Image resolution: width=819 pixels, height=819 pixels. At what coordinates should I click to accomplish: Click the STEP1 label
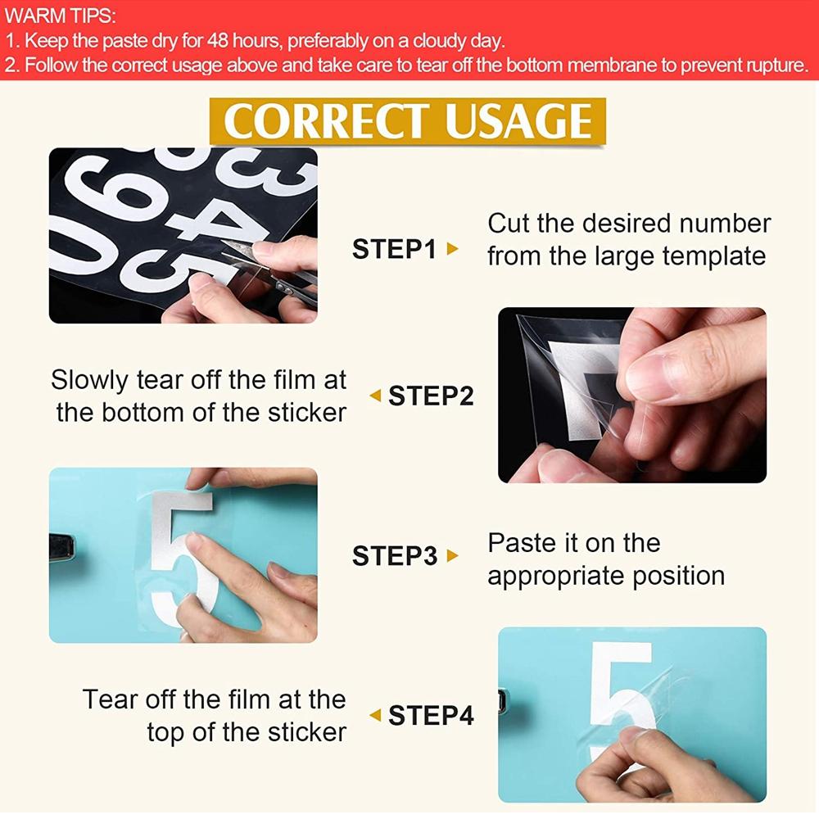tap(394, 249)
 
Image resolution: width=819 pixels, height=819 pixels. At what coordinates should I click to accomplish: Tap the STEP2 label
tap(431, 396)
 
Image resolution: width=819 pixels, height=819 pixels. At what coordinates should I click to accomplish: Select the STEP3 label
tap(395, 555)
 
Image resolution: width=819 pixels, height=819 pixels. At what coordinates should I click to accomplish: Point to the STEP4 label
tap(431, 715)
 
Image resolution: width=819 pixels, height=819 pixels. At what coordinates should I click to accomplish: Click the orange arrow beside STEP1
tap(452, 249)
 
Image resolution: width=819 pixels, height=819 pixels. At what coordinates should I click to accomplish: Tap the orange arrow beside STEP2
tap(375, 396)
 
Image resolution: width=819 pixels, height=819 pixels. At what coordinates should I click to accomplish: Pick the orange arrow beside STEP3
tap(452, 555)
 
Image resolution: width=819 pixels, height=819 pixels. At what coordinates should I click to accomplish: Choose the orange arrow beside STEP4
tap(375, 715)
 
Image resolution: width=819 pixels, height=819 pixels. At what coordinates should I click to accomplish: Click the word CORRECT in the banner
tap(328, 121)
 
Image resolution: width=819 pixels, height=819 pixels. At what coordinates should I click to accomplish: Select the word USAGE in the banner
tap(518, 121)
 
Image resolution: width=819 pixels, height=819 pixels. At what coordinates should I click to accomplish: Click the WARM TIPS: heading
tap(60, 16)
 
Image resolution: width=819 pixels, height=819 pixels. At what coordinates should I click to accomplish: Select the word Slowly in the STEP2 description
tap(89, 381)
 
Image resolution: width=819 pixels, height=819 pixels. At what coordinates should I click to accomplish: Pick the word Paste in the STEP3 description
tap(521, 543)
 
